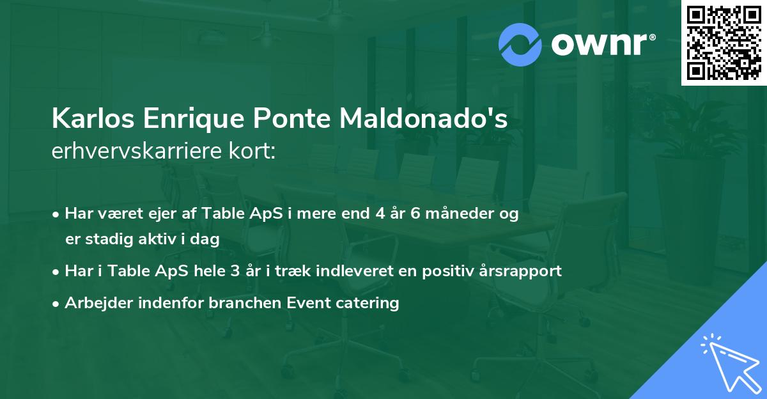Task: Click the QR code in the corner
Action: point(724,43)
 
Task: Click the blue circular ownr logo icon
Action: point(520,45)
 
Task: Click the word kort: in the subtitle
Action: point(254,151)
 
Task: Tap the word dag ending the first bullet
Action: point(207,240)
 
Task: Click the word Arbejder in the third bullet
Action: point(95,302)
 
